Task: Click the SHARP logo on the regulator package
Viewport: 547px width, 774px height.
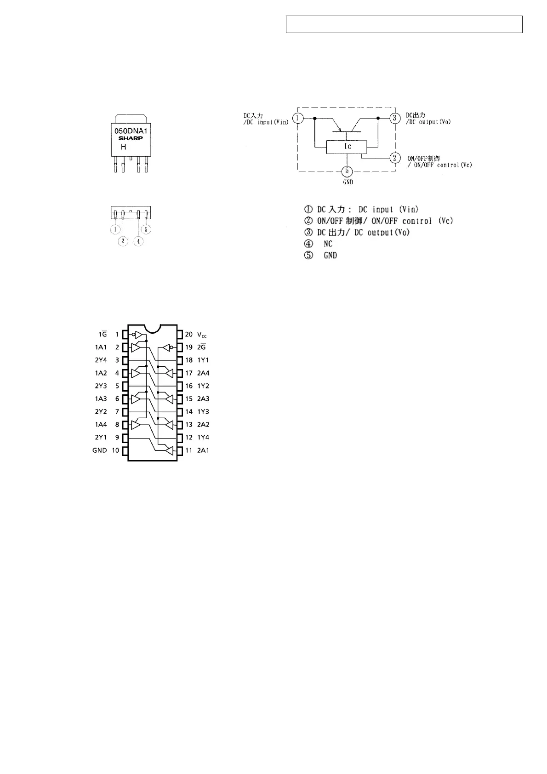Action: (x=131, y=138)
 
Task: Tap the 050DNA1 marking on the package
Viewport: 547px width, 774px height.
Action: (x=131, y=131)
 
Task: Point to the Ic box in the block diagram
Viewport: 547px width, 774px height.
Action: (x=347, y=147)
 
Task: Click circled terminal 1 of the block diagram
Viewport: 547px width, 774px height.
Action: (x=298, y=118)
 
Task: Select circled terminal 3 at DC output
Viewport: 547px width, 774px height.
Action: (x=394, y=118)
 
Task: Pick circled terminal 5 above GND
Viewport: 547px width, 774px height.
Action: (x=348, y=171)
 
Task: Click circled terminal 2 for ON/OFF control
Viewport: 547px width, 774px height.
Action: (x=394, y=158)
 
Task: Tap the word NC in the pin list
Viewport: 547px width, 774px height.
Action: (x=328, y=244)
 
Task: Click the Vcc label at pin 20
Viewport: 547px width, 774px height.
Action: (x=202, y=335)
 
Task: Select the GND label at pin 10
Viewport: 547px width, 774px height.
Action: (x=99, y=450)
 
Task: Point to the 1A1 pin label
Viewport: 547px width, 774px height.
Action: (x=101, y=347)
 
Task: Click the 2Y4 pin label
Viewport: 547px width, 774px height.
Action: (x=101, y=360)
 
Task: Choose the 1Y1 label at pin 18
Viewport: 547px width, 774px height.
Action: (x=203, y=360)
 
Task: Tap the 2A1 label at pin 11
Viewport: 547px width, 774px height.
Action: (x=203, y=450)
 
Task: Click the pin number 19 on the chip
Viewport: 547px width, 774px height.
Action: (x=189, y=347)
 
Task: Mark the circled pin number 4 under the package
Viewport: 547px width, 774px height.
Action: (x=138, y=241)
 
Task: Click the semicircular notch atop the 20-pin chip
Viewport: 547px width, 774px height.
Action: (x=152, y=327)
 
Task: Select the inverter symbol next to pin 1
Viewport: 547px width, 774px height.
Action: (x=138, y=335)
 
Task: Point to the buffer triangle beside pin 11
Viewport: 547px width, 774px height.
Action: (x=170, y=450)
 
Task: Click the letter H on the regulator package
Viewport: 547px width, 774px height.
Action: (x=123, y=148)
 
